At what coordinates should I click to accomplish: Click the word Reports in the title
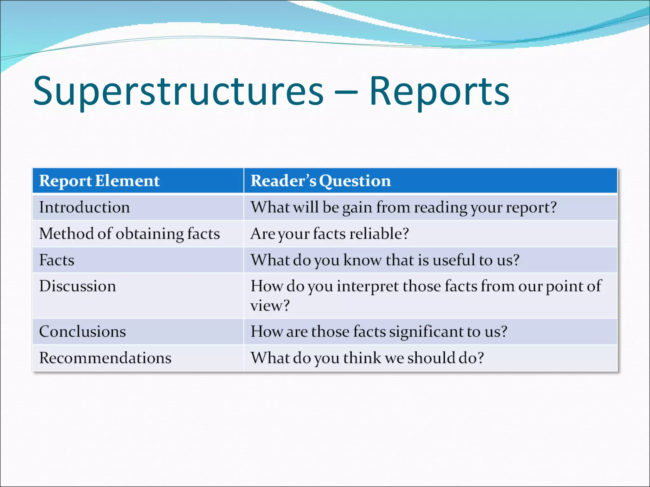[439, 92]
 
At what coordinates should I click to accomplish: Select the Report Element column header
[99, 181]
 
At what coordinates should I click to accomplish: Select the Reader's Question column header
[321, 181]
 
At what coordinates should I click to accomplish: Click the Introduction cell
[84, 207]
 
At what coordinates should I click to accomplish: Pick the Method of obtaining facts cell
[129, 234]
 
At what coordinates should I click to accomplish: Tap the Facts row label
[57, 260]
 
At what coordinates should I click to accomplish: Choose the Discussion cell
[77, 286]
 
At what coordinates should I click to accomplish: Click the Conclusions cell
[83, 332]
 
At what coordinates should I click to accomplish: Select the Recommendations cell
[105, 358]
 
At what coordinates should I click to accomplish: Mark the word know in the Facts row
[363, 260]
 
